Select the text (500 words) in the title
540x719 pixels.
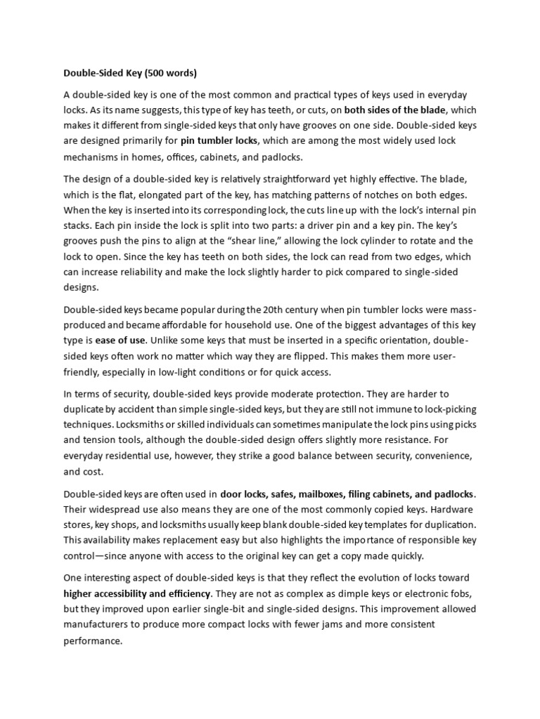coord(172,72)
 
